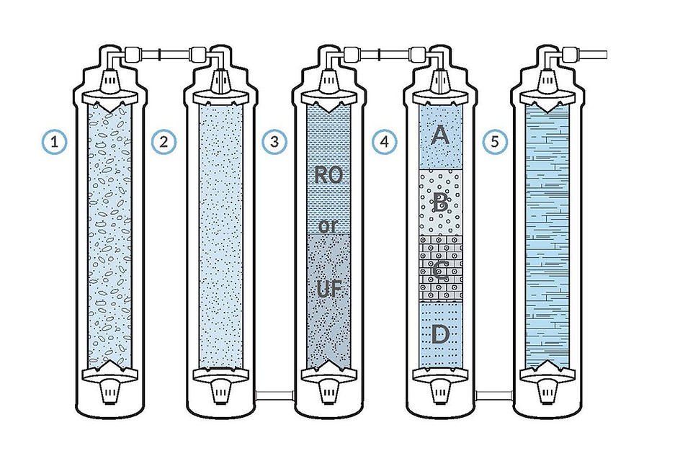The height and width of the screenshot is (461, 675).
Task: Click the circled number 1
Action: tap(53, 142)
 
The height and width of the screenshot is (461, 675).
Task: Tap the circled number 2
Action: tap(164, 142)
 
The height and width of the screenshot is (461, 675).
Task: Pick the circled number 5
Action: tap(494, 142)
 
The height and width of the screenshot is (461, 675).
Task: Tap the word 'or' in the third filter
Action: tap(328, 225)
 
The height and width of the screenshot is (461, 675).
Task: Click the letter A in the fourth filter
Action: tap(440, 135)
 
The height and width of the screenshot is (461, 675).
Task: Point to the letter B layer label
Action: tap(440, 203)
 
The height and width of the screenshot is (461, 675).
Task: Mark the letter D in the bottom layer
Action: tap(440, 333)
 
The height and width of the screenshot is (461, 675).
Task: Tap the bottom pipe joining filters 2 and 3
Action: tap(274, 395)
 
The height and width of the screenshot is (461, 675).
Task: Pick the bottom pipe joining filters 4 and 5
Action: tap(494, 395)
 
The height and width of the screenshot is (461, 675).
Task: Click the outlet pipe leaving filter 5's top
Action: tap(594, 53)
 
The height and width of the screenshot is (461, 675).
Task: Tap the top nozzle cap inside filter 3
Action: tap(328, 81)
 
